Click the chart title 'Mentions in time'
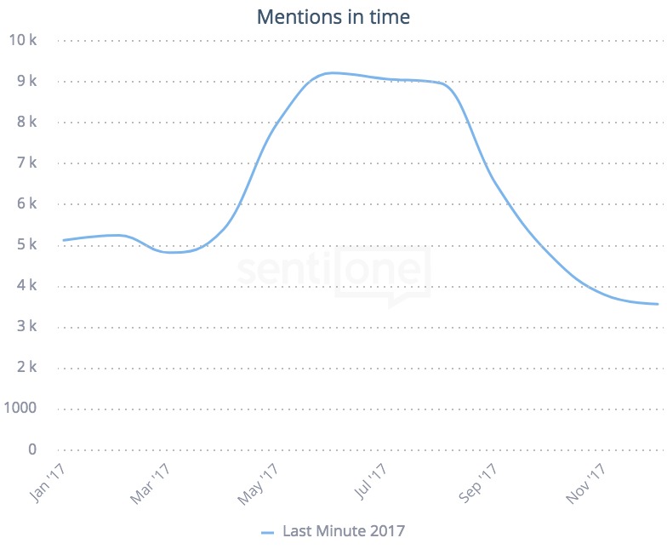(333, 17)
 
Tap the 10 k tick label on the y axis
(23, 40)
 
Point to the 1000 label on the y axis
(21, 408)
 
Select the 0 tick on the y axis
(32, 449)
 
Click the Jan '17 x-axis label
(48, 483)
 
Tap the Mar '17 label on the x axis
(151, 483)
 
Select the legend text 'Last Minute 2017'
(344, 531)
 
